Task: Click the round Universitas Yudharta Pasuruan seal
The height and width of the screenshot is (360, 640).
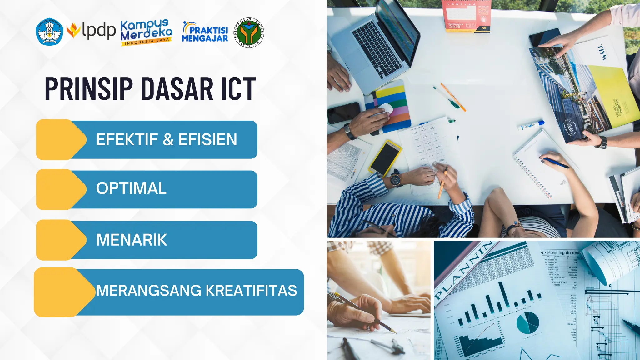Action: (249, 32)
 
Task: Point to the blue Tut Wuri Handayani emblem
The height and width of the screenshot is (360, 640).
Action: (49, 32)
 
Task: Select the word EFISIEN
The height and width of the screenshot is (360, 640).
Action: (207, 139)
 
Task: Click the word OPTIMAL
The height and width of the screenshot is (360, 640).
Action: (131, 188)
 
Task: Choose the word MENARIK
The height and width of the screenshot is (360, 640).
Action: (132, 240)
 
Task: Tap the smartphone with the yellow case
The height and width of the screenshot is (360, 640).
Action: (385, 157)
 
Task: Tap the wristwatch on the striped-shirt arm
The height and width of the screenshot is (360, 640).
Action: (396, 180)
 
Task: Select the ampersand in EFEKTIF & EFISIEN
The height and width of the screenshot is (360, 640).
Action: (168, 139)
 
